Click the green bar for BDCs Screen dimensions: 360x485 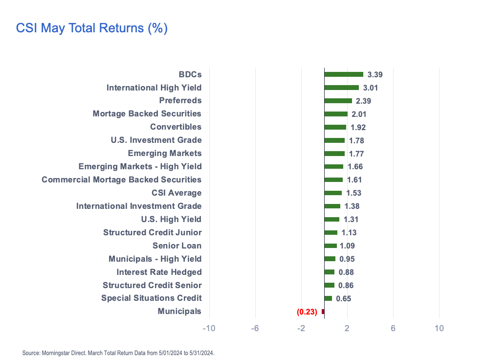(344, 74)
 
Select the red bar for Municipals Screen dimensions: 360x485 (323, 312)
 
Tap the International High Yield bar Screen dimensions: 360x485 (341, 88)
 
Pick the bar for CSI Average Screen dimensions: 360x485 (333, 193)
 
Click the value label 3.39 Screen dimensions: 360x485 (375, 75)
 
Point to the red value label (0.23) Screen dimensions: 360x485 (307, 312)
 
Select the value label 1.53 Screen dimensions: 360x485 (353, 193)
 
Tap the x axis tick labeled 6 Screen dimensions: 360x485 (393, 328)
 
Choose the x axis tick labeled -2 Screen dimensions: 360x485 (301, 328)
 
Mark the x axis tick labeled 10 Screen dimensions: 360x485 (439, 328)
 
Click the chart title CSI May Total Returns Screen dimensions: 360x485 (92, 28)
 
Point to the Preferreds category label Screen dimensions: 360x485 (180, 101)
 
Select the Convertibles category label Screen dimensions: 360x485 (176, 127)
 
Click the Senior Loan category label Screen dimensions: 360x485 (177, 246)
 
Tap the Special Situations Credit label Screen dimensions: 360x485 (152, 298)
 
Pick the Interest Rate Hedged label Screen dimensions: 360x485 (159, 272)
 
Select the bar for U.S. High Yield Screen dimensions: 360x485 (331, 220)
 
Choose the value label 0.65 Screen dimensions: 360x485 (343, 299)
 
